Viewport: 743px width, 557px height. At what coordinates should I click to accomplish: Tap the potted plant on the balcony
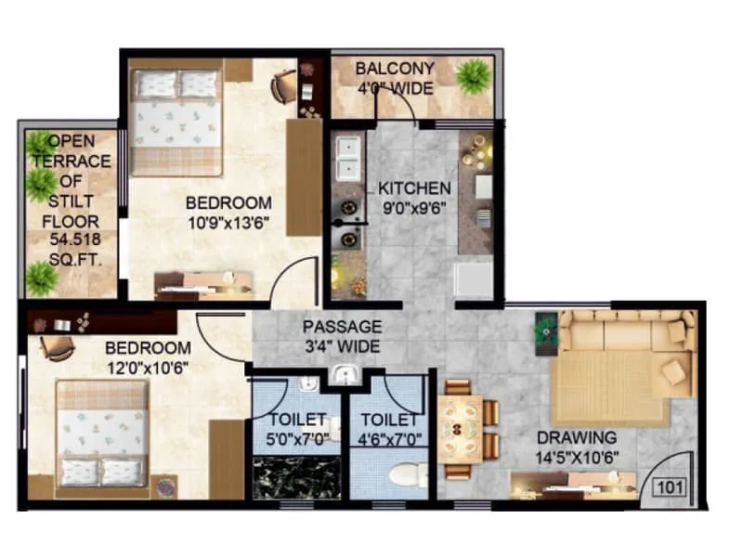(474, 73)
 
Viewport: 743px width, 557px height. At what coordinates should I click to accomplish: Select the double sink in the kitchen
(348, 158)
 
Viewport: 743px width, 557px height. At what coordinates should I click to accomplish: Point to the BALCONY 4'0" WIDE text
(395, 78)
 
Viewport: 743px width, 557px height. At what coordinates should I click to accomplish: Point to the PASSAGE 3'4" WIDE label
(342, 336)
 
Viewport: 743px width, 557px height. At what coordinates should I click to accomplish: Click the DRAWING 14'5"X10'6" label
(575, 446)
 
